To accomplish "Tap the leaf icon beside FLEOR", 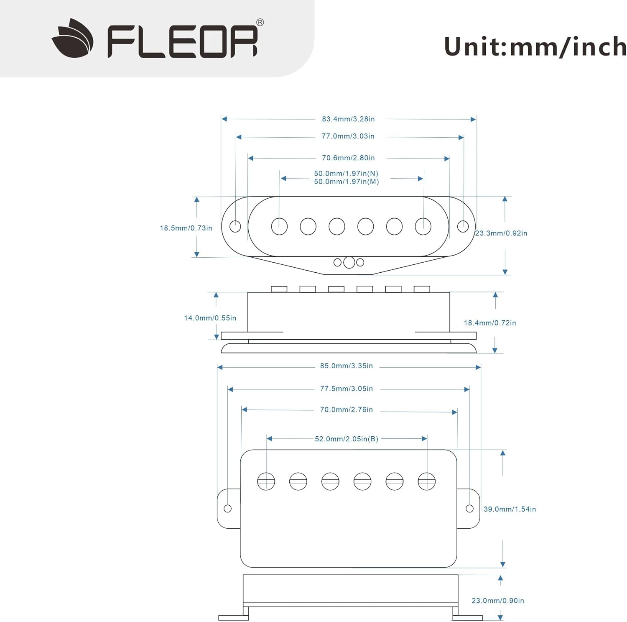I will point(73,38).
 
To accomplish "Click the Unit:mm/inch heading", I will point(535,47).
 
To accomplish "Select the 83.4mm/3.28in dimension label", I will point(348,119).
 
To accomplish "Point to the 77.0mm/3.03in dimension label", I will point(348,136).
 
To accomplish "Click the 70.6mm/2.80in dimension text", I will point(348,158).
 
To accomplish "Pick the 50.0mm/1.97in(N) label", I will point(346,174).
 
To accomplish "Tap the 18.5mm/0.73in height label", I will point(186,228).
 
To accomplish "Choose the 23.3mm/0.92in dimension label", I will point(501,233).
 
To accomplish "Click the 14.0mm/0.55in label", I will point(210,318).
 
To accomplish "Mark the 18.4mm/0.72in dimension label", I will point(490,323).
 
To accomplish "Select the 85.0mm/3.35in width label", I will point(347,366).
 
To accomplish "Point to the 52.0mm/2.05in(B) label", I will point(347,439).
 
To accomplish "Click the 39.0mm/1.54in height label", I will point(510,509).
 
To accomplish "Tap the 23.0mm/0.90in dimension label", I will point(498,601).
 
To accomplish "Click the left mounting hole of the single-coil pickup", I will point(235,227).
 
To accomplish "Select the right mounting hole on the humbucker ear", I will point(469,509).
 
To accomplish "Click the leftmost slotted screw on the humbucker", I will point(266,481).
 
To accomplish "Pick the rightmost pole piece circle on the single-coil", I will point(423,227).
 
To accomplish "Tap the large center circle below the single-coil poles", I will point(349,263).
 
